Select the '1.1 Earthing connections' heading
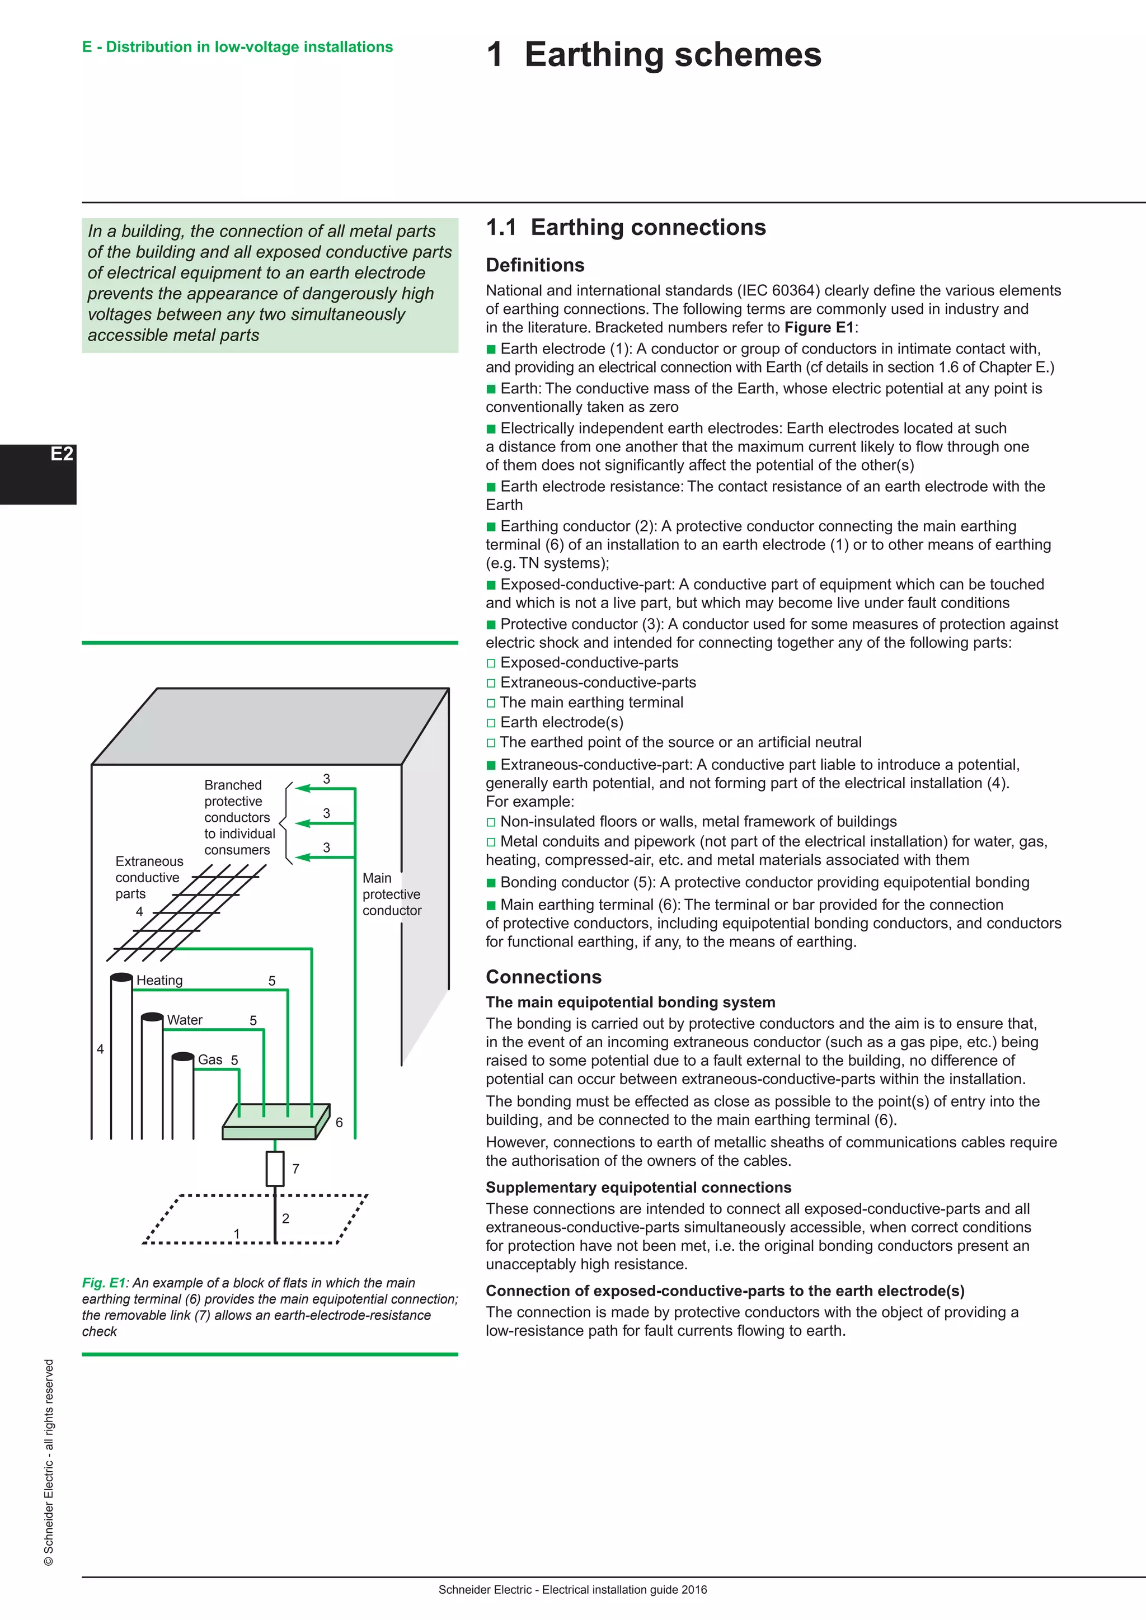coord(625,227)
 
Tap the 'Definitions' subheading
coord(535,265)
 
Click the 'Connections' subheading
coord(543,977)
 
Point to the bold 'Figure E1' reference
coord(819,327)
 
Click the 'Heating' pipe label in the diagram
coord(159,980)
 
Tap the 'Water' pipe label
coord(185,1020)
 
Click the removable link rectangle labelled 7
coord(275,1169)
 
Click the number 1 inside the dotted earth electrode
coord(237,1233)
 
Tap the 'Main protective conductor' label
coord(391,894)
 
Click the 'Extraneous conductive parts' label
coord(148,877)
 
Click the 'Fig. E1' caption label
coord(103,1283)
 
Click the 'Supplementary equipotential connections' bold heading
coord(638,1187)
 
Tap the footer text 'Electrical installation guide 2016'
coord(624,1590)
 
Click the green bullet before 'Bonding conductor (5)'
coord(491,883)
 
